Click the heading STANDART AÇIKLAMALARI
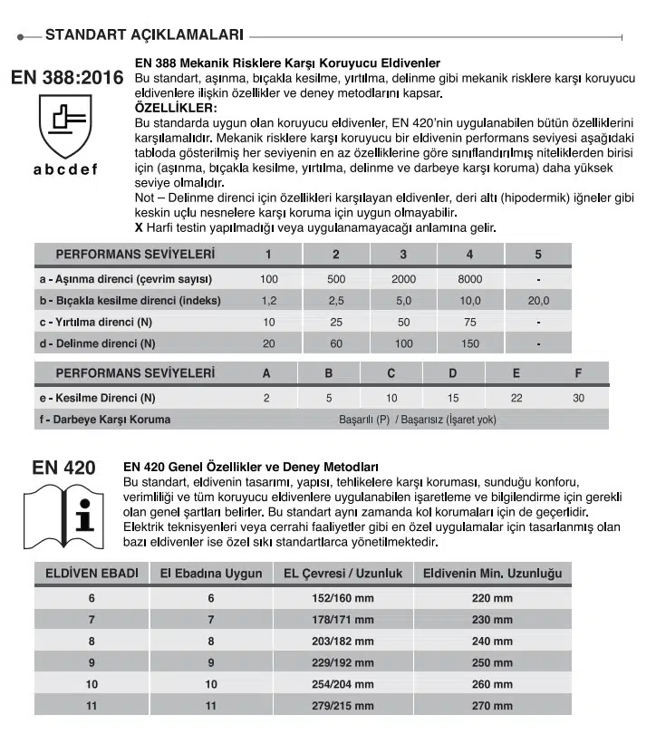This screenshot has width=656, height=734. (144, 36)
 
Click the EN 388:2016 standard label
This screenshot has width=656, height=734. (67, 78)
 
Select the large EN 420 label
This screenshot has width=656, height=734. (63, 468)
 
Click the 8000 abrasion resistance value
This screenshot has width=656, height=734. (470, 279)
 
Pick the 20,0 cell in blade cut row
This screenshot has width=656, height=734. (538, 300)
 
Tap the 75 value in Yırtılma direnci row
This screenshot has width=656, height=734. (470, 322)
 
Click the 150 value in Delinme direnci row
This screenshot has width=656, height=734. (470, 343)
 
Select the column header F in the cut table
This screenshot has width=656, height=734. (578, 373)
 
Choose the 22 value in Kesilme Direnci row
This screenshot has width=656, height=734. (516, 398)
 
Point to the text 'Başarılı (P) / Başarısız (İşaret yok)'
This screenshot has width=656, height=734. (417, 420)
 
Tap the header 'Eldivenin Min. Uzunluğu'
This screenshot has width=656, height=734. (492, 574)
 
